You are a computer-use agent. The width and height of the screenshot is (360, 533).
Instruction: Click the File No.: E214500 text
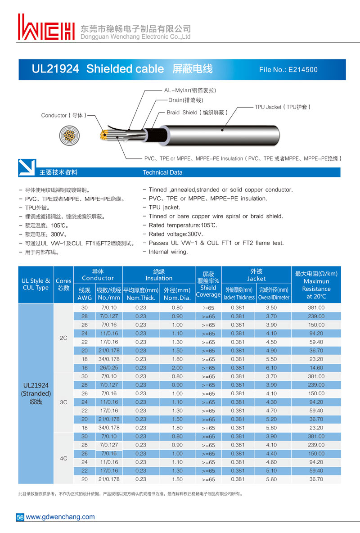click(288, 70)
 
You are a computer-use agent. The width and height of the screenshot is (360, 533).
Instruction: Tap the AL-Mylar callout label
click(190, 90)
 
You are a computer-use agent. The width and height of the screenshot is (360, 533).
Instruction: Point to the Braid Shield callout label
click(197, 113)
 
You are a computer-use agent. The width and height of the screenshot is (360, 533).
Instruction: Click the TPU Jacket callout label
click(283, 107)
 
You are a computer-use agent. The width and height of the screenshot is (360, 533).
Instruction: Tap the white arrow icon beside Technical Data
click(27, 168)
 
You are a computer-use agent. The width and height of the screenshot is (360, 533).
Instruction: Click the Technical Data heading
click(162, 172)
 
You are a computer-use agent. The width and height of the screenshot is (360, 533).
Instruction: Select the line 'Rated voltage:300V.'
click(175, 234)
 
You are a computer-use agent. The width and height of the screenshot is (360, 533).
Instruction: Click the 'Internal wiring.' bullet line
click(168, 252)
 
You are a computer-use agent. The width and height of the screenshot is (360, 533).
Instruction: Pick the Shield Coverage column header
click(208, 285)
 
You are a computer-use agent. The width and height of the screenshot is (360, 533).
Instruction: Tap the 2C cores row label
click(63, 337)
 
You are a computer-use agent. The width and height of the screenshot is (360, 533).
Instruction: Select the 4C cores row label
click(63, 458)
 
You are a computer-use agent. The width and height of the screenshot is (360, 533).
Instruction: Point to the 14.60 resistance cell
click(316, 368)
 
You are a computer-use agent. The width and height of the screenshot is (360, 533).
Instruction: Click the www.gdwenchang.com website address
click(60, 517)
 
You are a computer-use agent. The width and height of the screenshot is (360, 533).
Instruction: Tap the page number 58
click(20, 517)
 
